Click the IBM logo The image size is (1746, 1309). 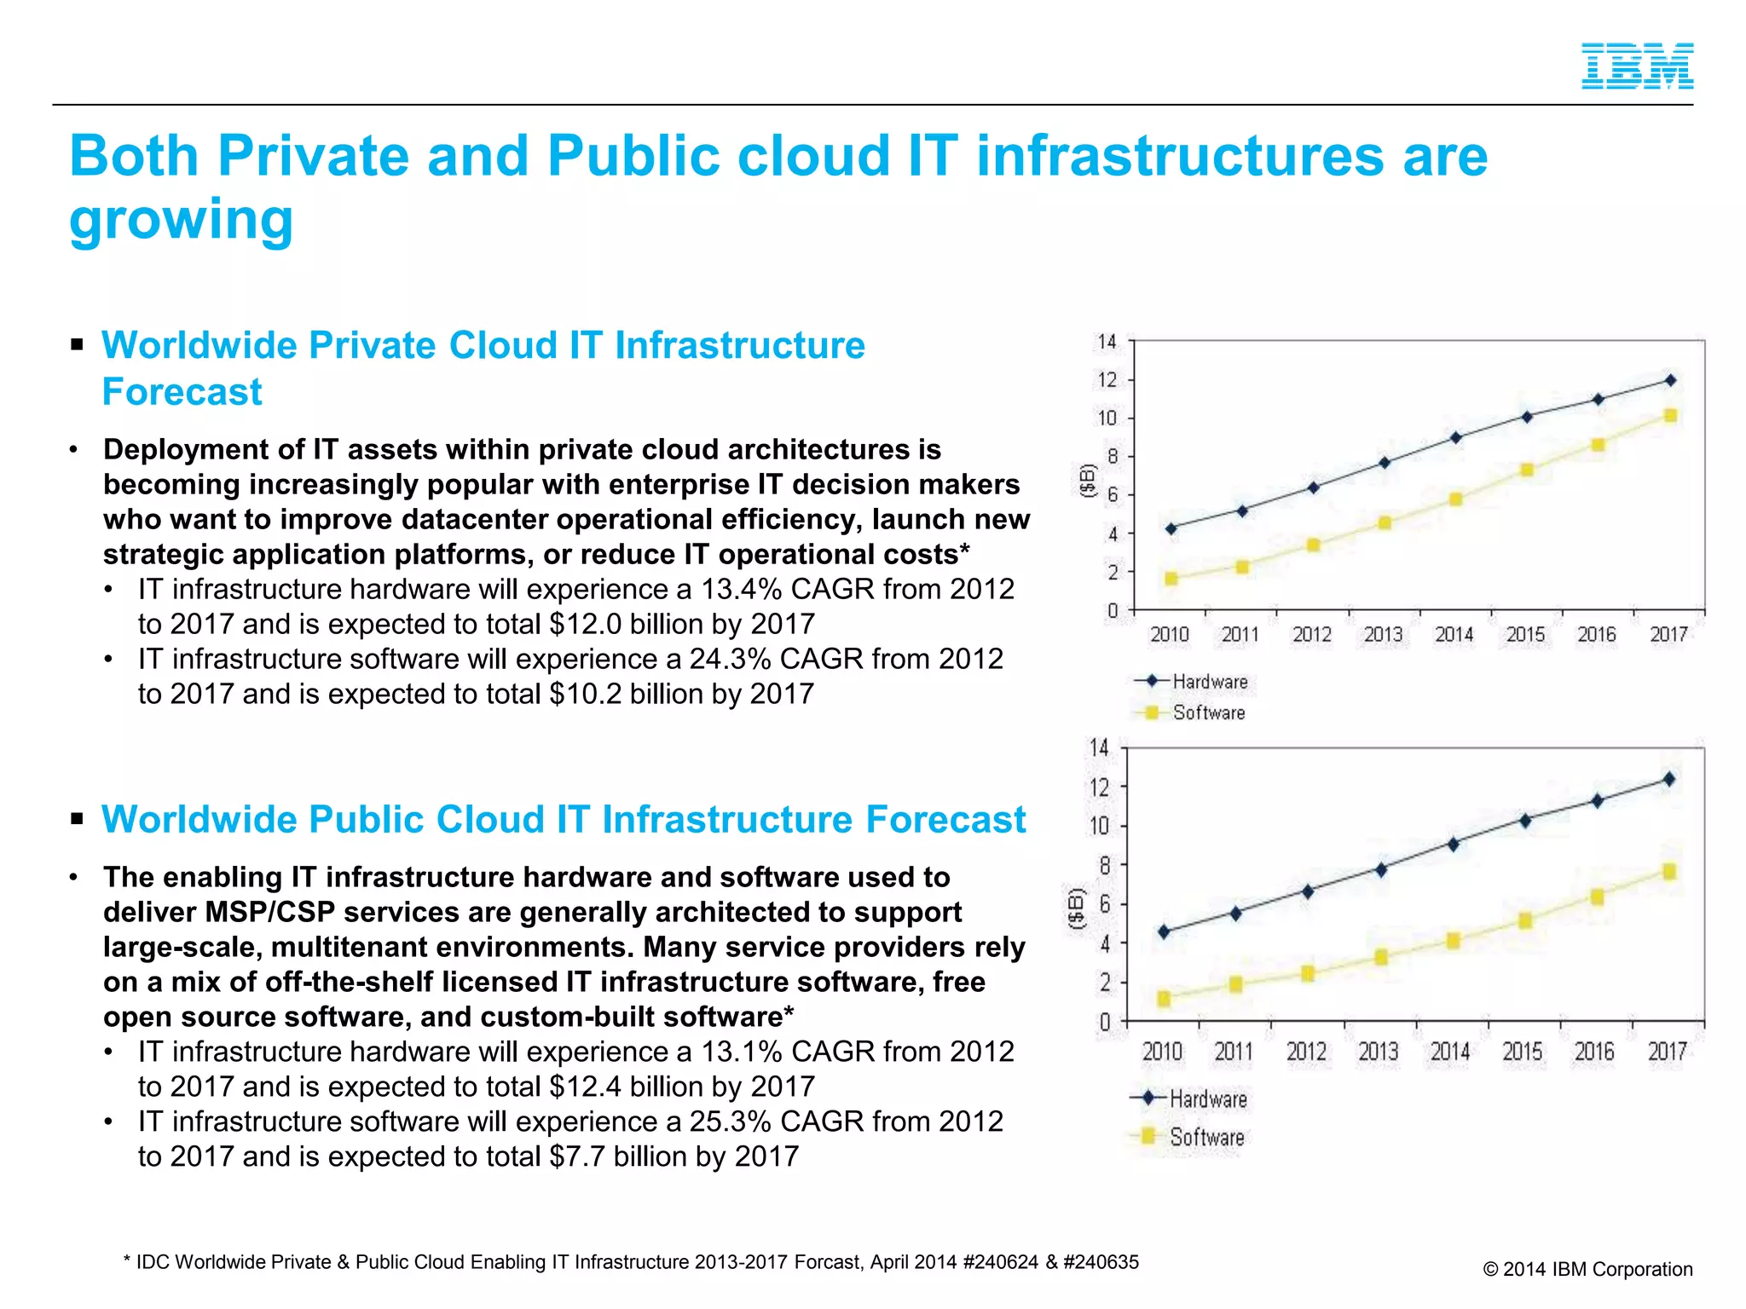(x=1637, y=66)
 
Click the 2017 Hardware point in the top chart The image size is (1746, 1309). (x=1670, y=380)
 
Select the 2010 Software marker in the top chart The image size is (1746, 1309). (x=1171, y=579)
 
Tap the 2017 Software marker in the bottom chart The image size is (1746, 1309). (x=1669, y=871)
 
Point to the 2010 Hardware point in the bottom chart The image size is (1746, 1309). (x=1165, y=931)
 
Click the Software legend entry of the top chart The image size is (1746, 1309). (x=1208, y=712)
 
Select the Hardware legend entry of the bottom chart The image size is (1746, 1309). (x=1207, y=1099)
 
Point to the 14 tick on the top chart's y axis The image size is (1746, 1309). (x=1106, y=342)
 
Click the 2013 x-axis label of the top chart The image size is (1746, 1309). (x=1382, y=634)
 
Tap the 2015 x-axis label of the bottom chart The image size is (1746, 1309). (x=1522, y=1052)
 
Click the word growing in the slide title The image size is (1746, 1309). (x=181, y=220)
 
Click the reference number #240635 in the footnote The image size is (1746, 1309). (x=1101, y=1262)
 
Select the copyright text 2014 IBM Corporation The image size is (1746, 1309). (x=1597, y=1269)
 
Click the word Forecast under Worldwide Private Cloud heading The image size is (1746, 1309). (x=182, y=392)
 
